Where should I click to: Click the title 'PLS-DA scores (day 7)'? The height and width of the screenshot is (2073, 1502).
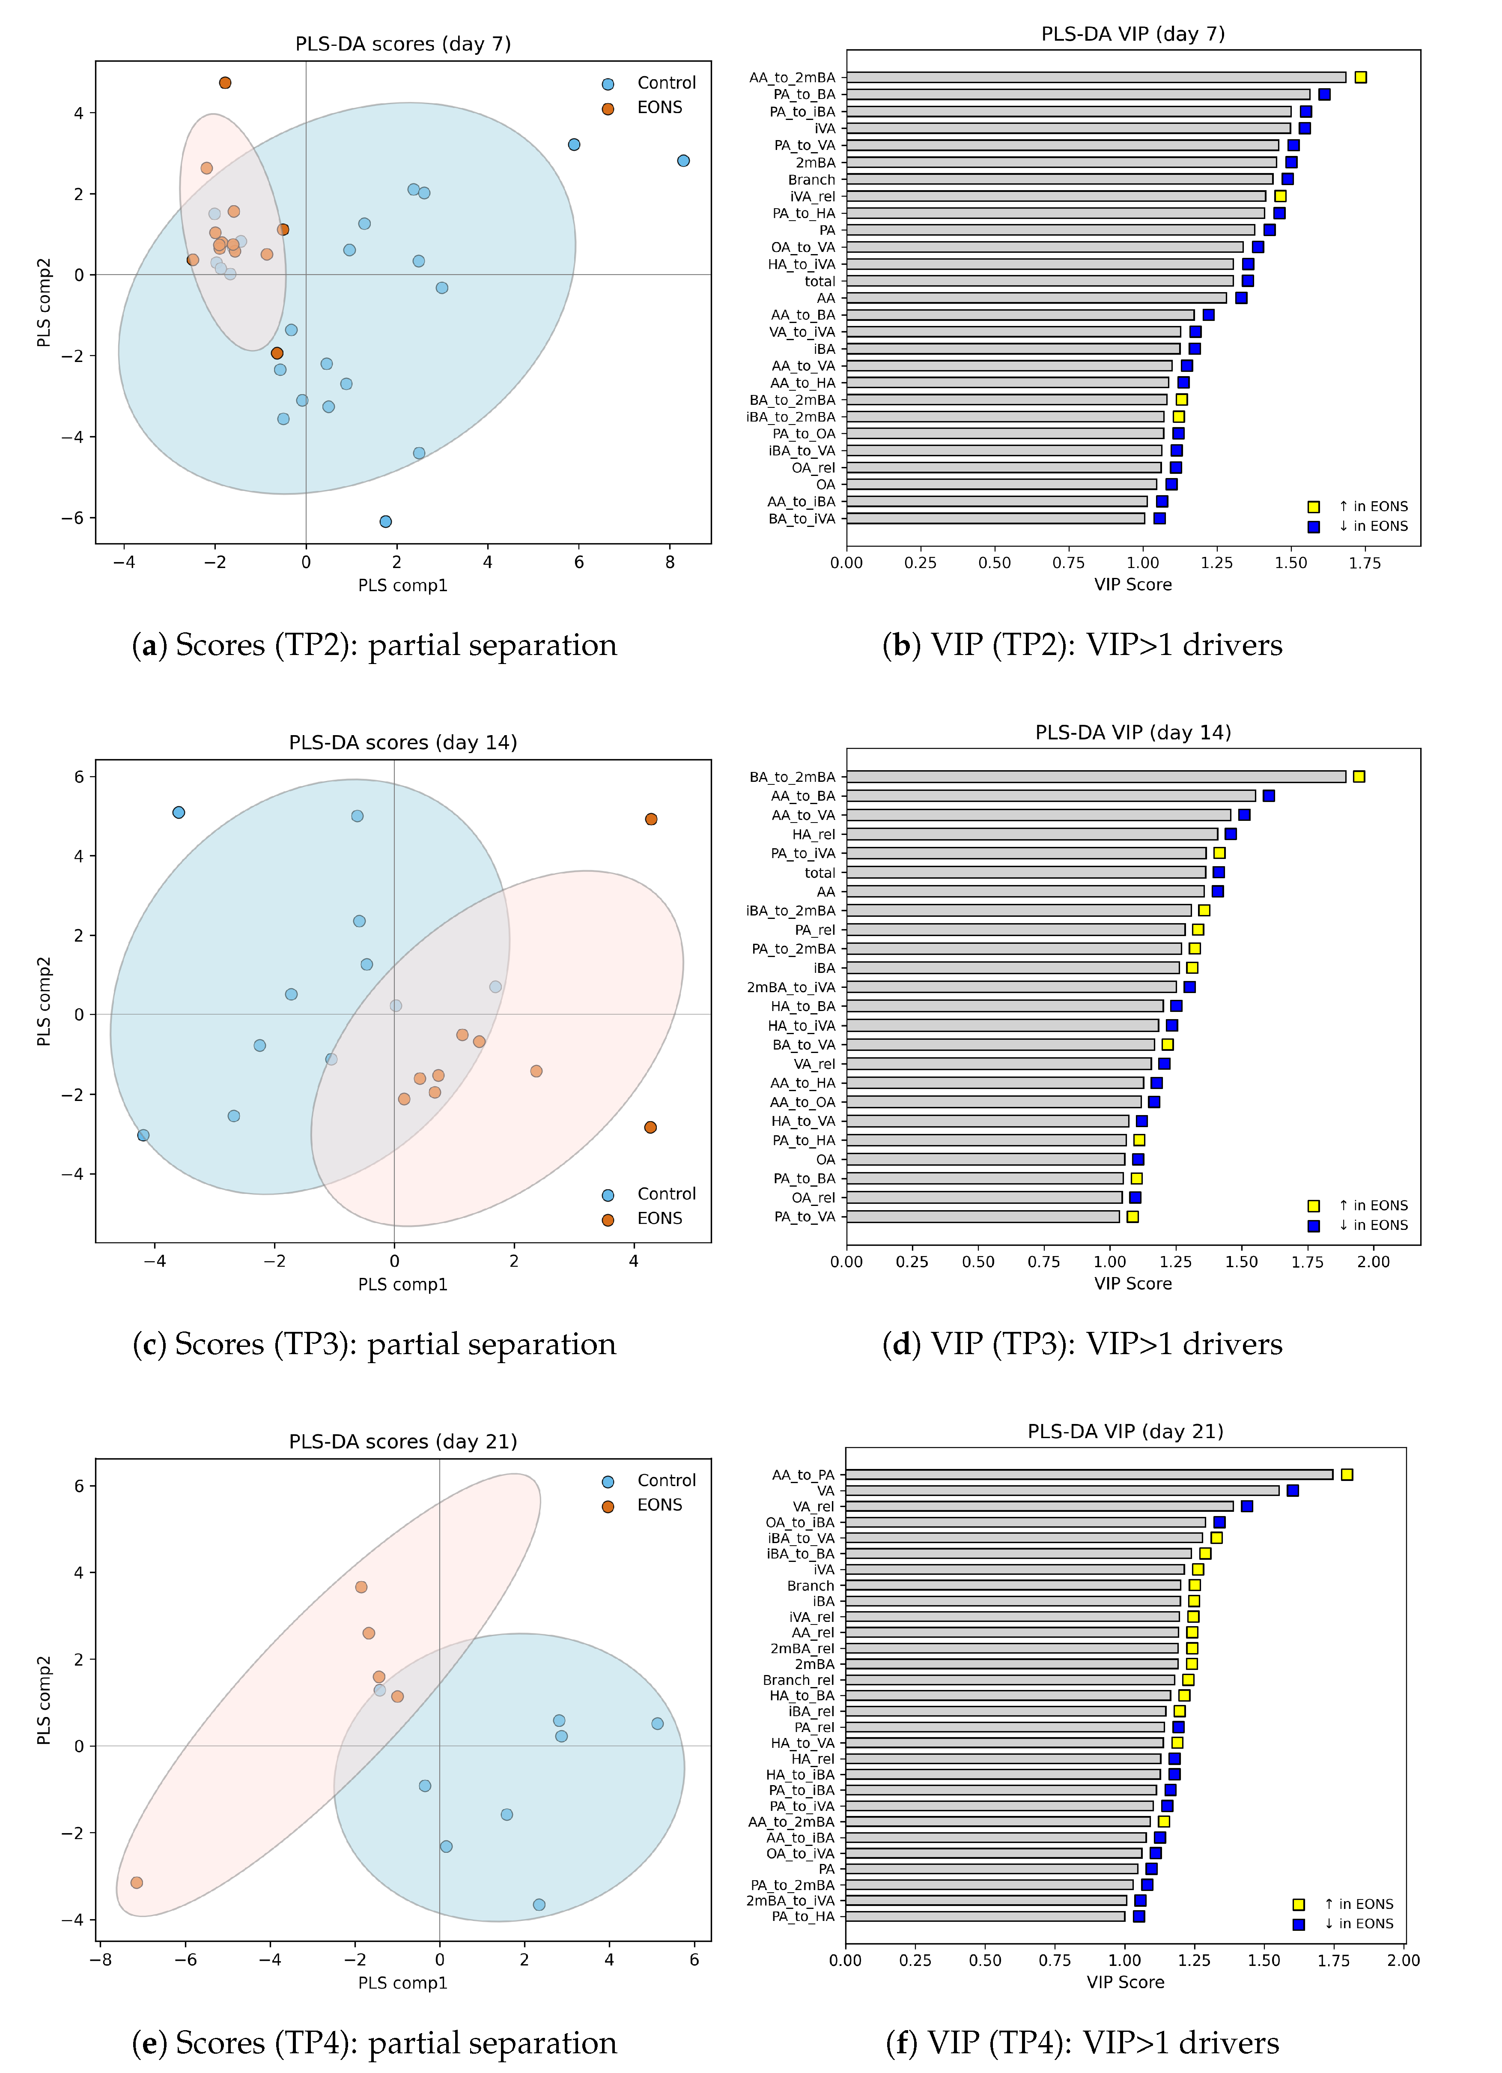coord(403,44)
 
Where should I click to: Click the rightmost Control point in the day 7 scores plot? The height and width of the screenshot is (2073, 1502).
coord(683,161)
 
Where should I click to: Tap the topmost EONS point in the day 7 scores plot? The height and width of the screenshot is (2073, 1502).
coord(225,83)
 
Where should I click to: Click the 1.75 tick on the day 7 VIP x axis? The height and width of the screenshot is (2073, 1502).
coord(1365,563)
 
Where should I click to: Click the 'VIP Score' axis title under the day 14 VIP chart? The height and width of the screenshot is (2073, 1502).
coord(1133,1283)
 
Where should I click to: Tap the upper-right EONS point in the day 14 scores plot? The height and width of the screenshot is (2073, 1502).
coord(650,819)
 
